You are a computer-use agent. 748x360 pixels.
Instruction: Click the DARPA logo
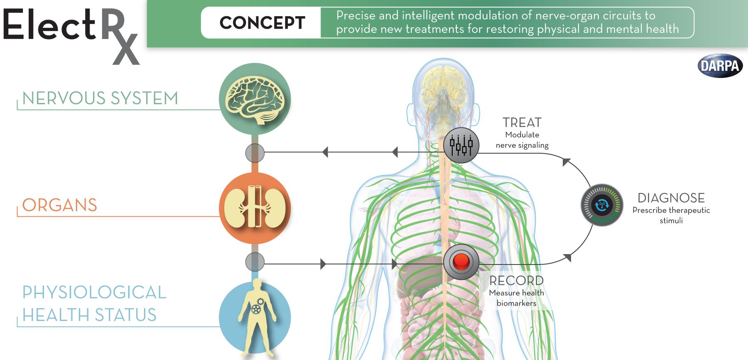720,66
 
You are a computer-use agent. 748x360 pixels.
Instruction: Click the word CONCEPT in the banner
262,23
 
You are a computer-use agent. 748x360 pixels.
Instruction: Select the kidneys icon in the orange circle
255,208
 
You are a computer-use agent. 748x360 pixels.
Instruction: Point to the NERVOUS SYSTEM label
100,98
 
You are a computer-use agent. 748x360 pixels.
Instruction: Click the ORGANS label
60,205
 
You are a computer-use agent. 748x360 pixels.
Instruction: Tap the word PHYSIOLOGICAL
94,292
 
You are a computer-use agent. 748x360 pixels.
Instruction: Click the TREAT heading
522,122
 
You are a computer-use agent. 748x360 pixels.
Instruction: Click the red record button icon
461,262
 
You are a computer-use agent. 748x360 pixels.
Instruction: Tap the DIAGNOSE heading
671,198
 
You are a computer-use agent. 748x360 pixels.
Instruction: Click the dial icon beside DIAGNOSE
602,205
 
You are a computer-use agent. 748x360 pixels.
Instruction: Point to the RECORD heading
516,281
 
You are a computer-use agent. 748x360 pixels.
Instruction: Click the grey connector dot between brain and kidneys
255,153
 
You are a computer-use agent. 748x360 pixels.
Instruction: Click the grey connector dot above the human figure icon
255,262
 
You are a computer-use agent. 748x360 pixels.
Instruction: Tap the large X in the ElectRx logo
126,49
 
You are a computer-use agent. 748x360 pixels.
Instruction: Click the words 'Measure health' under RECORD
516,293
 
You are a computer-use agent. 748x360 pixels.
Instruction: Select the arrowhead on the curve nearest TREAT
566,162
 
